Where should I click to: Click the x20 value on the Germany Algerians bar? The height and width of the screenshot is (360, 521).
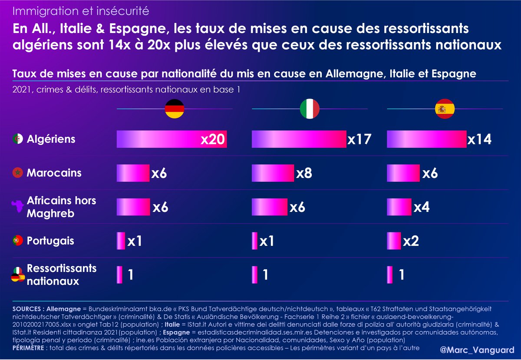pyautogui.click(x=213, y=140)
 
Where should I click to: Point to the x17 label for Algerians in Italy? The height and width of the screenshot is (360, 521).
pyautogui.click(x=359, y=140)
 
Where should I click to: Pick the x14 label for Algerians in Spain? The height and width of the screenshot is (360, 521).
pyautogui.click(x=479, y=140)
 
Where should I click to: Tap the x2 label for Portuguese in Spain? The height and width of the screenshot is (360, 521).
pyautogui.click(x=411, y=241)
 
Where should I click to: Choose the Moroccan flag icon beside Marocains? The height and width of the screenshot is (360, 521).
pyautogui.click(x=18, y=173)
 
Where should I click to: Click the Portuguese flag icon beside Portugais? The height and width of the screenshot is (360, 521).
pyautogui.click(x=18, y=241)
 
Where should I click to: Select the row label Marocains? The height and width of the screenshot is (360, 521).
pyautogui.click(x=54, y=173)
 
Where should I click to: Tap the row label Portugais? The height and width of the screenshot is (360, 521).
pyautogui.click(x=50, y=241)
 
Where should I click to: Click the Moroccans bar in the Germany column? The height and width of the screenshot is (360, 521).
pyautogui.click(x=133, y=173)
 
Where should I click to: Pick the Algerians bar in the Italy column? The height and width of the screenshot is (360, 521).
pyautogui.click(x=299, y=140)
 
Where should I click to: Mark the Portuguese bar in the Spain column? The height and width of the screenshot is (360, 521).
pyautogui.click(x=394, y=241)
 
